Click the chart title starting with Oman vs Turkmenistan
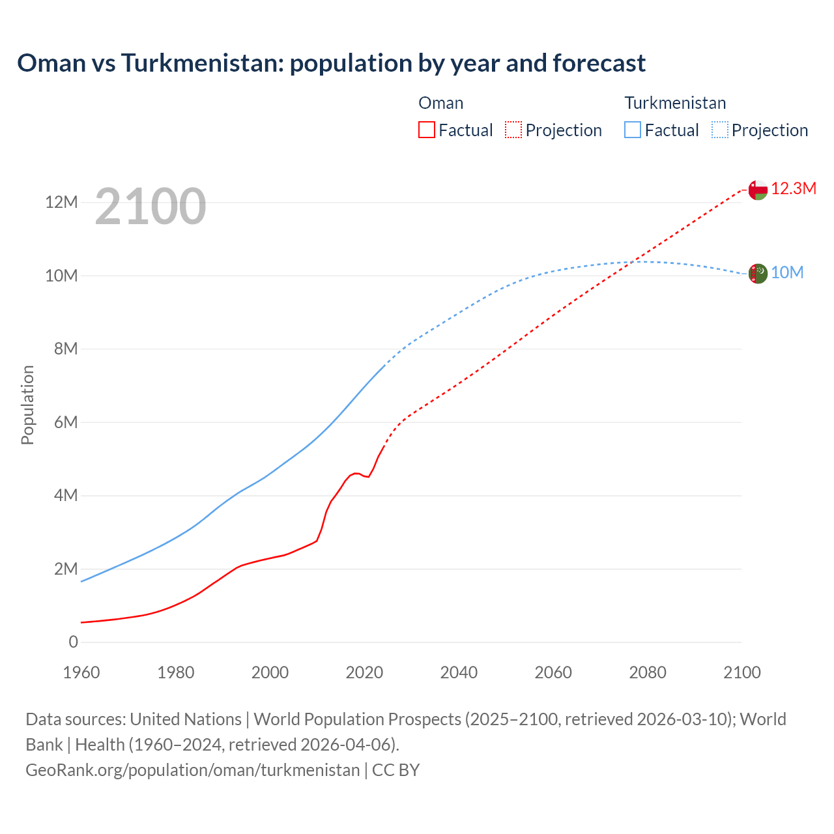(x=331, y=63)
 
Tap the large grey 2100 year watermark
(x=151, y=207)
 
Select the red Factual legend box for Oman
(x=426, y=130)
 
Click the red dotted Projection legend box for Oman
(x=513, y=130)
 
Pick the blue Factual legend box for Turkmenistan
(x=633, y=130)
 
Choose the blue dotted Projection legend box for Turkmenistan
(x=720, y=130)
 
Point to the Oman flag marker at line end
(x=758, y=190)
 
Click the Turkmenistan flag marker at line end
(x=758, y=273)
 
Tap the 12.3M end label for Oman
(x=794, y=189)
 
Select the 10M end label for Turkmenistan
(x=787, y=273)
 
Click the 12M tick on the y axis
(x=61, y=203)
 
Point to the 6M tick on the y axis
(x=65, y=422)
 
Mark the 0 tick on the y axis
(x=73, y=642)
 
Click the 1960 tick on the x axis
(x=81, y=672)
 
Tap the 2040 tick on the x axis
(x=459, y=672)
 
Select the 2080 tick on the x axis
(x=648, y=672)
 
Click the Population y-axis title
(x=27, y=405)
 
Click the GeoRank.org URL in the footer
(x=192, y=770)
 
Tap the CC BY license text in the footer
(x=395, y=770)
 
